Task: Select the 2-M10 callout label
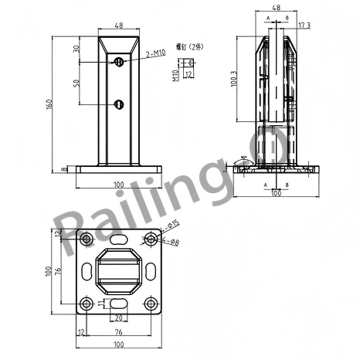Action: click(156, 53)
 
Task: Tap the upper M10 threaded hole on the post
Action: click(118, 62)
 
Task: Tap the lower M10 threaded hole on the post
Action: click(118, 104)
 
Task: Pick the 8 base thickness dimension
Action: click(63, 169)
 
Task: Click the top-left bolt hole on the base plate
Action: click(87, 240)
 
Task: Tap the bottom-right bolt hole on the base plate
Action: click(150, 303)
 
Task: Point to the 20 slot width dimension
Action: click(118, 318)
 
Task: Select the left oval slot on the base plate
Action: click(84, 271)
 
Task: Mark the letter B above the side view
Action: click(287, 17)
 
